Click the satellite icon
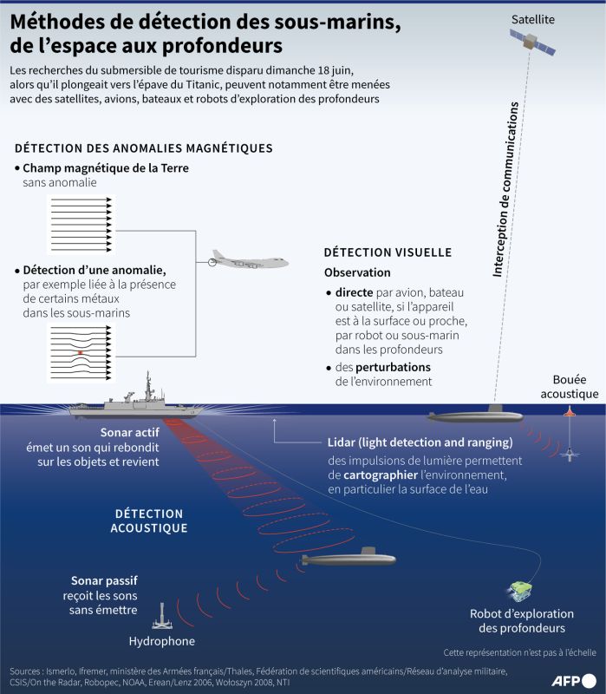[x=532, y=43]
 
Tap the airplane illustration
[x=248, y=260]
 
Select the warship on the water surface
[x=136, y=402]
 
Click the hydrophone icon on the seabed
[x=162, y=617]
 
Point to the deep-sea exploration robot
[x=520, y=592]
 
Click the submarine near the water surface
[x=475, y=416]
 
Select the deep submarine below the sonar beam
[x=349, y=558]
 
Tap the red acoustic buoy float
[x=570, y=411]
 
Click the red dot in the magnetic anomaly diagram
[x=80, y=353]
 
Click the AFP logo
[x=574, y=680]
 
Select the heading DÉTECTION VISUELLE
[x=388, y=252]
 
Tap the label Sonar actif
[x=129, y=432]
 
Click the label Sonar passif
[x=104, y=580]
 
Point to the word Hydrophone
[x=162, y=641]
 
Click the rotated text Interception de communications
[x=505, y=189]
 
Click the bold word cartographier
[x=381, y=475]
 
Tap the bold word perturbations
[x=393, y=367]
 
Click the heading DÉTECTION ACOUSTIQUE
[x=149, y=521]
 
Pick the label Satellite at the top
[x=533, y=19]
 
